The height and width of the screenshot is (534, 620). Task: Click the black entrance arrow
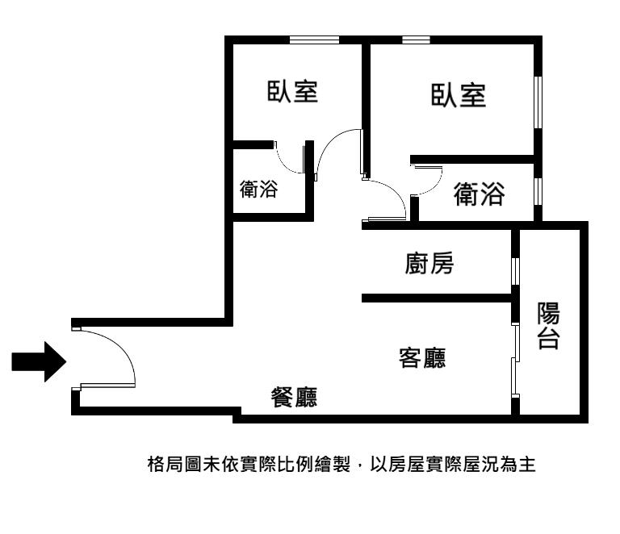[39, 362]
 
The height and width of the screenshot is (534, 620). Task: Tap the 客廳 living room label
[422, 358]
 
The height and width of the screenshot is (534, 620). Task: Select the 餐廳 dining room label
[294, 397]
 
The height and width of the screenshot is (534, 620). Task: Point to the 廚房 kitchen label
[429, 263]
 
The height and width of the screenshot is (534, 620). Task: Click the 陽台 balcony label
[548, 325]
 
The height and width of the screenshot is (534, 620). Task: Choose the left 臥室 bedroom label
[292, 91]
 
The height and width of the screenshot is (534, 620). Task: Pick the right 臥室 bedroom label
[459, 95]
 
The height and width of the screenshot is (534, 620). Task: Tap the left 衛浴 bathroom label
[259, 189]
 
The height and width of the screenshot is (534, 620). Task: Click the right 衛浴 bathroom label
[479, 194]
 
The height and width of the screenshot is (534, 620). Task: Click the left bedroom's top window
[314, 40]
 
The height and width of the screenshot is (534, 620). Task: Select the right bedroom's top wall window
[416, 40]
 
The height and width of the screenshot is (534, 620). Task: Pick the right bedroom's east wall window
[538, 102]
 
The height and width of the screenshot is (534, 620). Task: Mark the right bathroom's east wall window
[538, 191]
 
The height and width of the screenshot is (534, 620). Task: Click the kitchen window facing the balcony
[515, 271]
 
